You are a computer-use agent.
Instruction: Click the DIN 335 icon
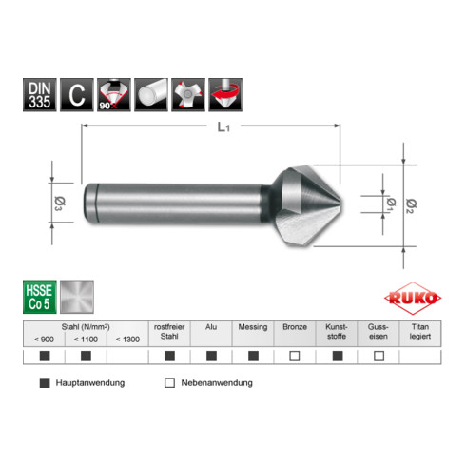pos(37,94)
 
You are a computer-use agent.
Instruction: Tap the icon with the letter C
pos(75,94)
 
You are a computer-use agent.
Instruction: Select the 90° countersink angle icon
pos(113,94)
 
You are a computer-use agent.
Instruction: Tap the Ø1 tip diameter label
pos(390,204)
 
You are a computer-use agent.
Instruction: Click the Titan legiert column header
pos(420,331)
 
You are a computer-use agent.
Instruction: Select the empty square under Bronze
pos(295,357)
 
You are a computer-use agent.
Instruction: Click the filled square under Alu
pos(210,357)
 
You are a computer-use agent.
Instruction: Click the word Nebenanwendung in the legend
pos(218,383)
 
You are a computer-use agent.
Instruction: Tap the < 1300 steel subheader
pos(127,339)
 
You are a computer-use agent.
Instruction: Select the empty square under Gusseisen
pos(379,357)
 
